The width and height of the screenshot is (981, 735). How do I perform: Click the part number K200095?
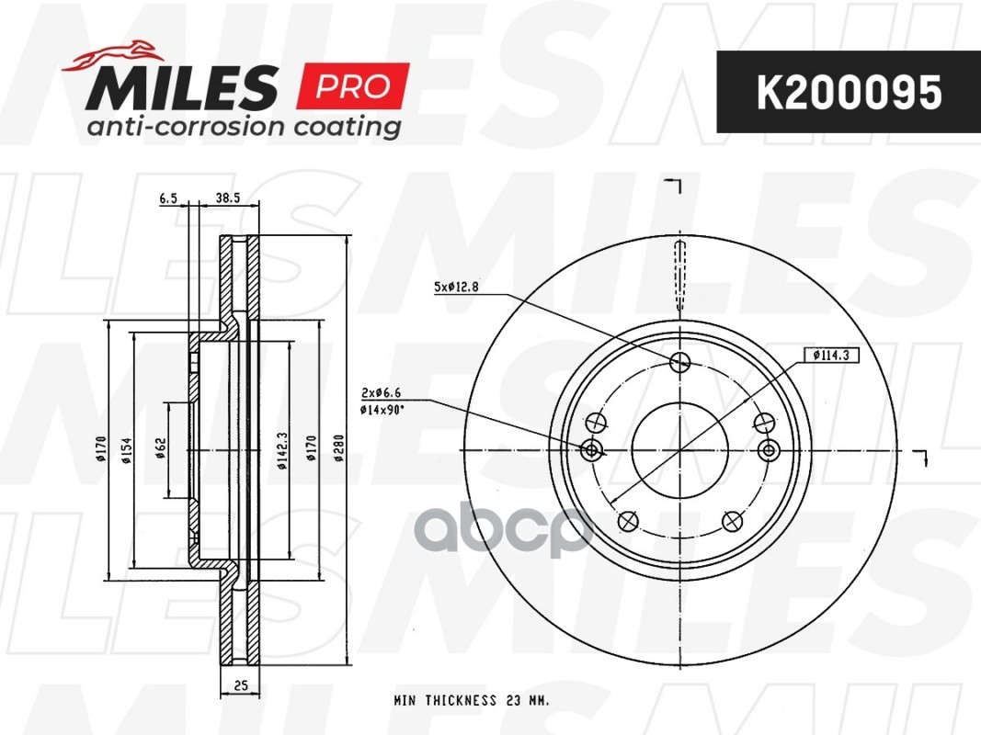pyautogui.click(x=848, y=92)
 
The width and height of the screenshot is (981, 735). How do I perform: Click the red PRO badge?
pyautogui.click(x=352, y=87)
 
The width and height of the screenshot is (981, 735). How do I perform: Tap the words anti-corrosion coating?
pyautogui.click(x=244, y=126)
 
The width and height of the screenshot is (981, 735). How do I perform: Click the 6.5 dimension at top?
pyautogui.click(x=167, y=198)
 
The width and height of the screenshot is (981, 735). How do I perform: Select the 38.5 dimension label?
pyautogui.click(x=227, y=198)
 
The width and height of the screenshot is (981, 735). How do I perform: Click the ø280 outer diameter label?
pyautogui.click(x=338, y=450)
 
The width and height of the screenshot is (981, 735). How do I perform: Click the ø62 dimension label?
pyautogui.click(x=160, y=450)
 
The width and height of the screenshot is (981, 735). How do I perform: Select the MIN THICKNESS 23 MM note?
pyautogui.click(x=472, y=701)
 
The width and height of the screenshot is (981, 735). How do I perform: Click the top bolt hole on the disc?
pyautogui.click(x=680, y=362)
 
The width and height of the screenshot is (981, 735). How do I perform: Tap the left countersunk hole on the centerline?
pyautogui.click(x=592, y=449)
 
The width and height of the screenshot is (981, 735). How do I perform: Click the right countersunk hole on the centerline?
pyautogui.click(x=770, y=449)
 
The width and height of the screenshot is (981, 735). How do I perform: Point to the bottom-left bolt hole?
pyautogui.click(x=629, y=521)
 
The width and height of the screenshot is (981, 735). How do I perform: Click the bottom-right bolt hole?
pyautogui.click(x=733, y=521)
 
